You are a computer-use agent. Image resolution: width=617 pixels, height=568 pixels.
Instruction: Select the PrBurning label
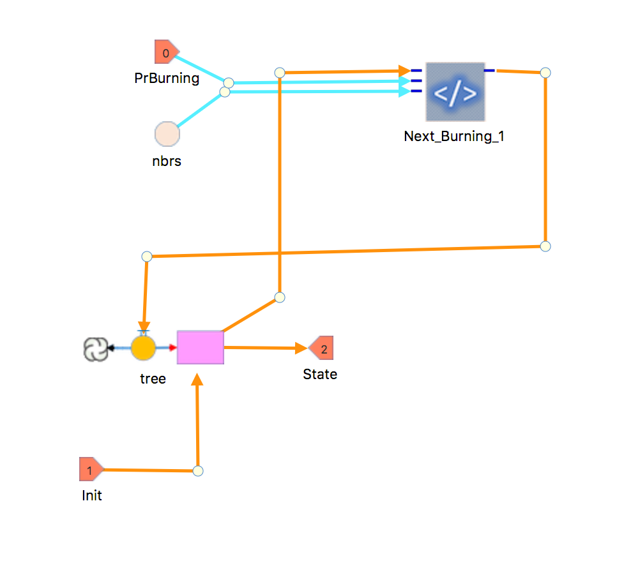click(x=167, y=78)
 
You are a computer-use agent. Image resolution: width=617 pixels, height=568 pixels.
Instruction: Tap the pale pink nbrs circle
click(x=167, y=133)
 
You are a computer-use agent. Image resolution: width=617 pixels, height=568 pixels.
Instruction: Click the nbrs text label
click(x=167, y=161)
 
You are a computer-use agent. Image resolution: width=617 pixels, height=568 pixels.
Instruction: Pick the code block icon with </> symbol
click(x=455, y=92)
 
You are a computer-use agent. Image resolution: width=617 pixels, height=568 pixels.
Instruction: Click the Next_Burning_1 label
click(x=454, y=137)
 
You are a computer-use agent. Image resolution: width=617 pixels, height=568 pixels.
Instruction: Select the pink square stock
click(x=201, y=347)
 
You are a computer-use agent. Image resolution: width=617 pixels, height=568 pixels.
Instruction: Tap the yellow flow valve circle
click(x=143, y=348)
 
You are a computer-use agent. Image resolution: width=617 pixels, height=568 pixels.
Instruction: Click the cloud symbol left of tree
click(x=96, y=349)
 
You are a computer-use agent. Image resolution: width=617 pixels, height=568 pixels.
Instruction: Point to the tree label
click(x=153, y=379)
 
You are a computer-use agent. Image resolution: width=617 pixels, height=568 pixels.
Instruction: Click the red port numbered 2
click(x=321, y=348)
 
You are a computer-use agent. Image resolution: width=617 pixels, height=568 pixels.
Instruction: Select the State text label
click(x=320, y=374)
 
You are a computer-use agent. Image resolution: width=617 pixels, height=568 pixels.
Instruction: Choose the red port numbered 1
click(x=91, y=469)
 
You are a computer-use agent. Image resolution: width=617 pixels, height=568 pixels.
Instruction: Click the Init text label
click(x=92, y=495)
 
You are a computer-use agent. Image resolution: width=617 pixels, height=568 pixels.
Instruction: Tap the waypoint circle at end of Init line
click(x=198, y=471)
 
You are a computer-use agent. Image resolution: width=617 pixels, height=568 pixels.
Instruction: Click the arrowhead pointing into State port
click(x=301, y=348)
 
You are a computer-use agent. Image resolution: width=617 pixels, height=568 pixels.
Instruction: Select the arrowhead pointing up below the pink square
click(x=197, y=379)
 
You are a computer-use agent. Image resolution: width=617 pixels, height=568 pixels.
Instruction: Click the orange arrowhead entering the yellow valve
click(x=144, y=327)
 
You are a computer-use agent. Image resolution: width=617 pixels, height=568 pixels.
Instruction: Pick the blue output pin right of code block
click(x=489, y=70)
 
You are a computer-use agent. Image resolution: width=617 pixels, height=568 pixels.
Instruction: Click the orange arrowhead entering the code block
click(x=404, y=71)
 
